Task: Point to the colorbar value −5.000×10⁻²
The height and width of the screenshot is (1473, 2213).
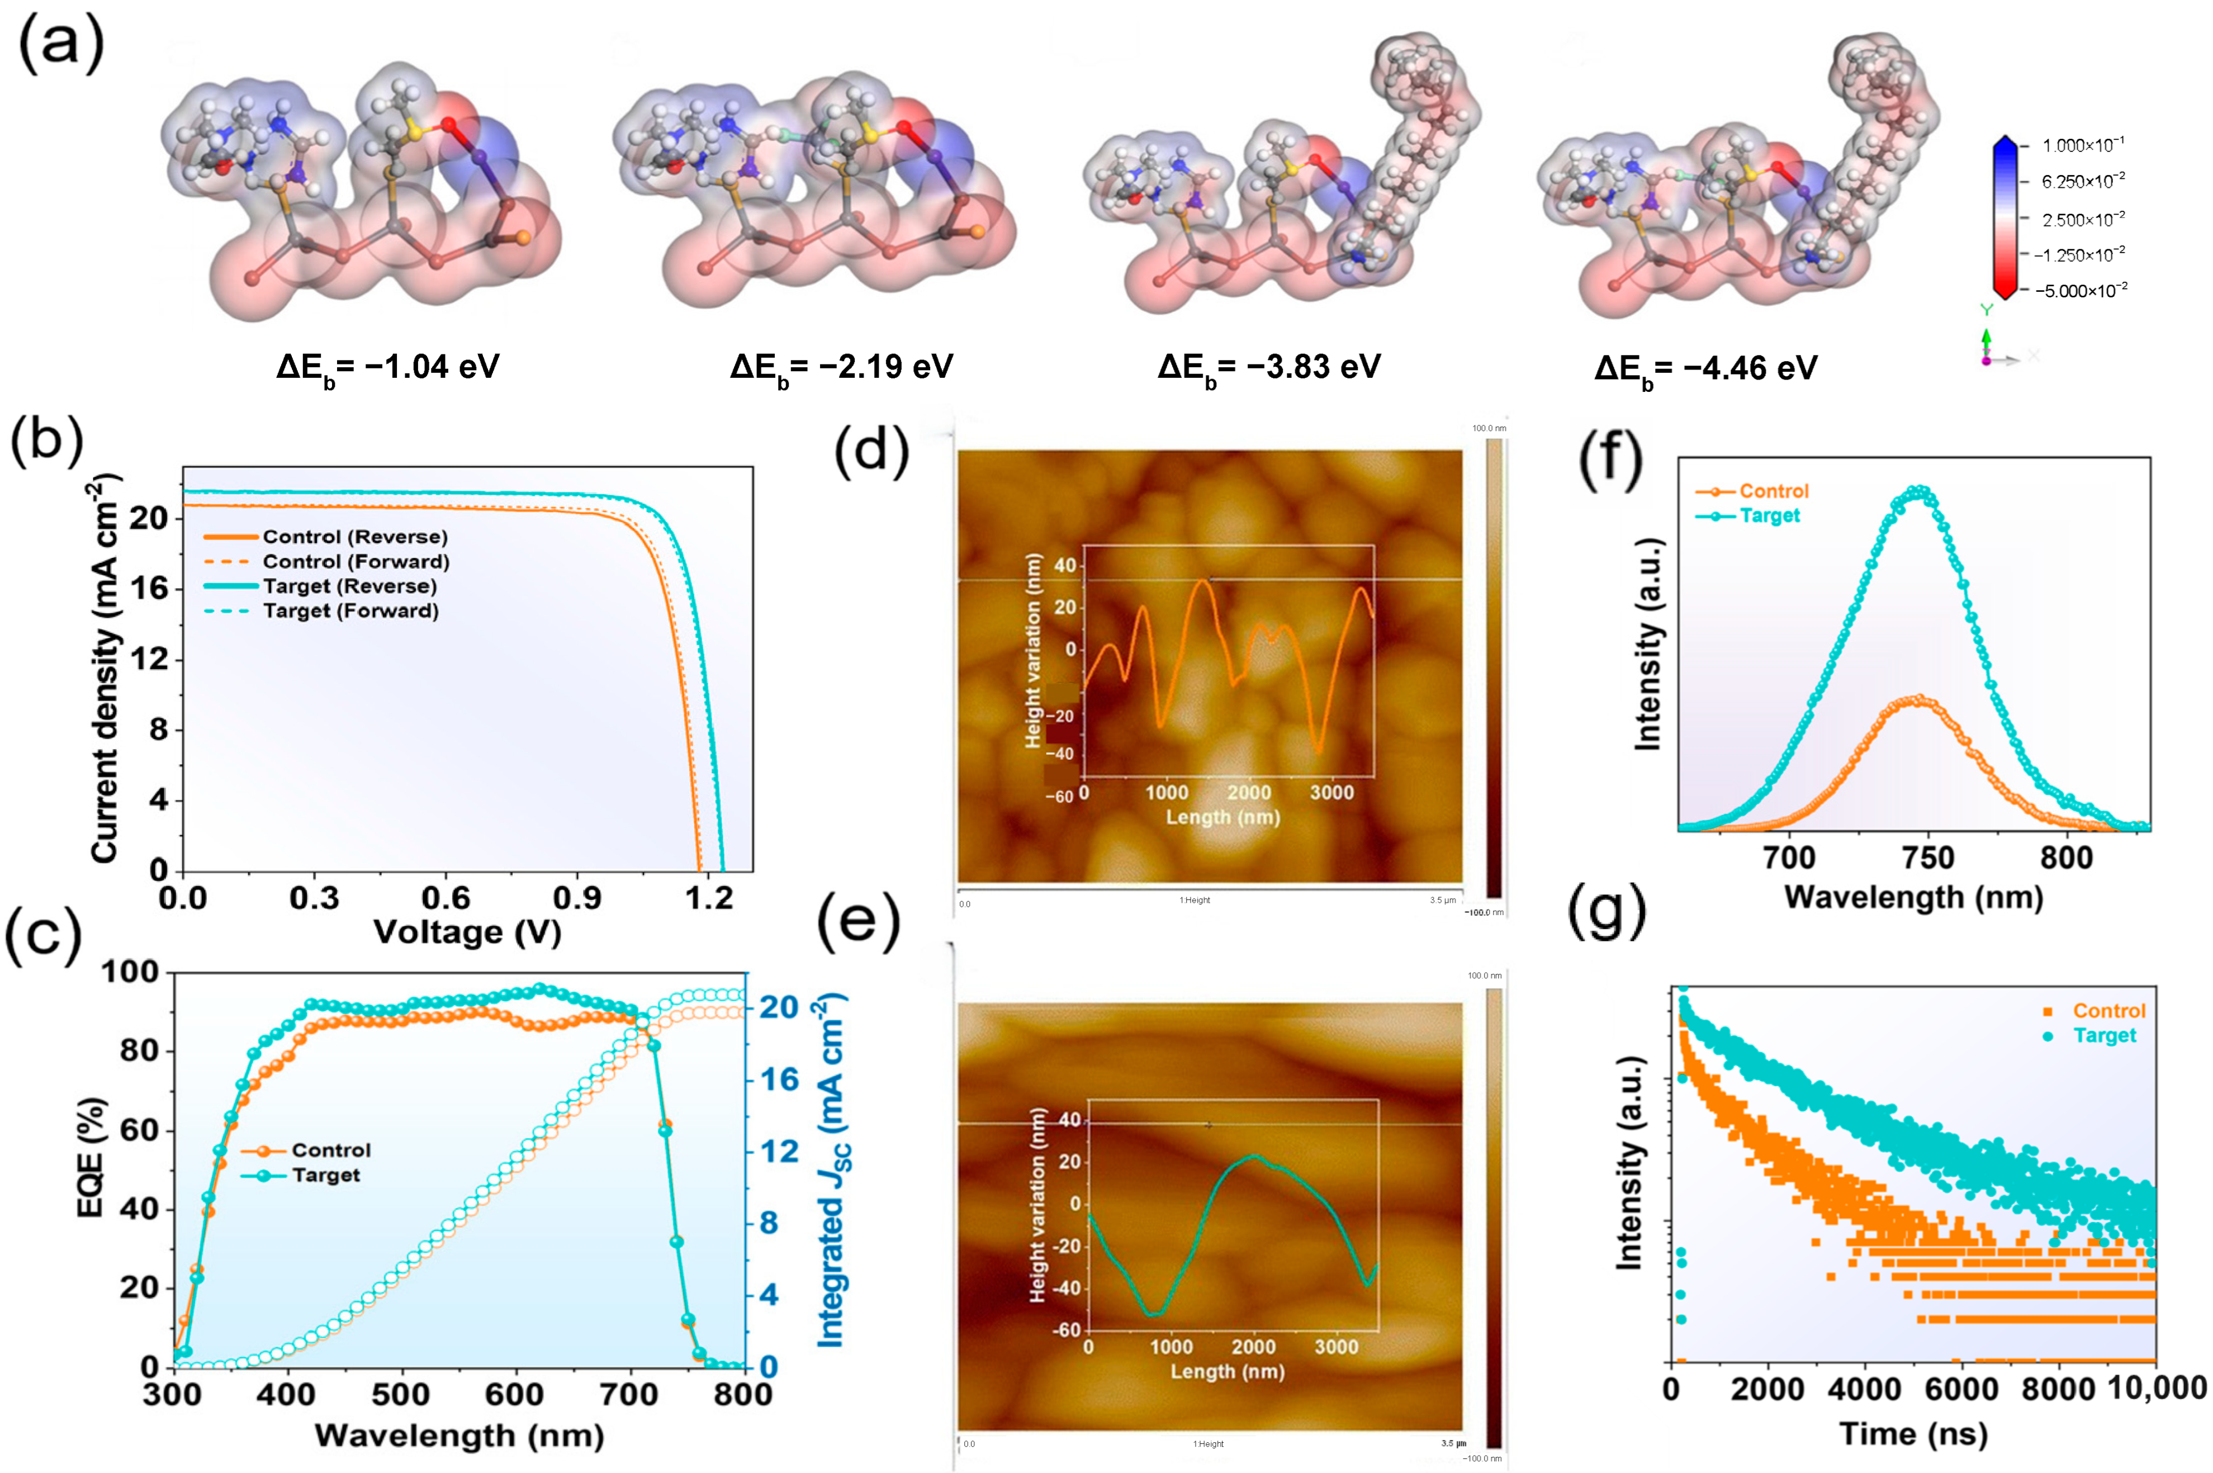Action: click(2079, 290)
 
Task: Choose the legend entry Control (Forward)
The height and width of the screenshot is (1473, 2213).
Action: click(355, 562)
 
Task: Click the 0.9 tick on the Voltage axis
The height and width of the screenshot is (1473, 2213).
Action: click(577, 898)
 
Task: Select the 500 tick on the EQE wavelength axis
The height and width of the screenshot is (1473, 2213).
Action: click(401, 1394)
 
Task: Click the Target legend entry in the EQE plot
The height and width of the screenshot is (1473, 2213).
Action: click(325, 1175)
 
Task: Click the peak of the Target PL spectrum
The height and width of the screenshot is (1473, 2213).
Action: click(1921, 489)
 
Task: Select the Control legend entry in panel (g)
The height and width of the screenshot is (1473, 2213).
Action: click(2108, 1011)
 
